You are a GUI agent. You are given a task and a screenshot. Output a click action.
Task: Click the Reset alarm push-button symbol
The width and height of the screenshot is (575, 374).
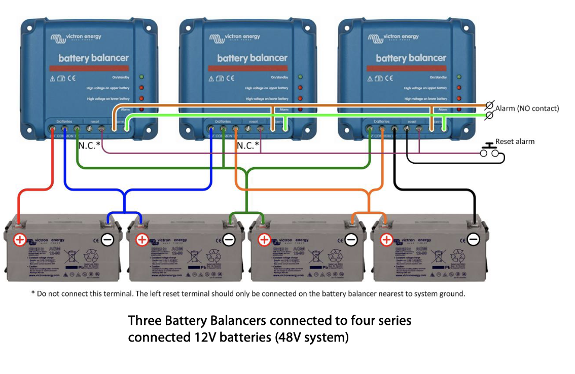pyautogui.click(x=490, y=150)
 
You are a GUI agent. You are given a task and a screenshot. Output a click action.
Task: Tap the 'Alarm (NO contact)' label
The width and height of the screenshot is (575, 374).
pyautogui.click(x=527, y=108)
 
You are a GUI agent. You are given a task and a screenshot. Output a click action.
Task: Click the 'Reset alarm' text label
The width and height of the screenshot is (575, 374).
pyautogui.click(x=515, y=141)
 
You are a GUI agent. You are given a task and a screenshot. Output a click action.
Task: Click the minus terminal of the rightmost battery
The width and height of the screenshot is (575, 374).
pyautogui.click(x=474, y=239)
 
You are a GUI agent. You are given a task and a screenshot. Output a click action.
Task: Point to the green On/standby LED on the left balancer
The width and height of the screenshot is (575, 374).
pyautogui.click(x=141, y=77)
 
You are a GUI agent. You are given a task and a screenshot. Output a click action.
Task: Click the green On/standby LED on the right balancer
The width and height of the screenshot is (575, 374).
pyautogui.click(x=459, y=77)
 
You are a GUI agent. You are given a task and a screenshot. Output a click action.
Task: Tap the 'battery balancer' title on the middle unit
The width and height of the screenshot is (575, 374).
pyautogui.click(x=252, y=58)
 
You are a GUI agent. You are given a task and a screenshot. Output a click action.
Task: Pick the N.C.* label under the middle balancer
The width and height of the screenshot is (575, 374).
pyautogui.click(x=248, y=146)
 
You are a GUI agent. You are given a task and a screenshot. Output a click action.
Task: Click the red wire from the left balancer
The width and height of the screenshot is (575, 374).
pyautogui.click(x=53, y=167)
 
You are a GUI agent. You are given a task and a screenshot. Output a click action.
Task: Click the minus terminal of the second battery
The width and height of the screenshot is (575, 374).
pyautogui.click(x=229, y=239)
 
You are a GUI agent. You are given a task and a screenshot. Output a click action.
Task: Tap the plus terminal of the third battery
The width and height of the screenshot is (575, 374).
pyautogui.click(x=264, y=239)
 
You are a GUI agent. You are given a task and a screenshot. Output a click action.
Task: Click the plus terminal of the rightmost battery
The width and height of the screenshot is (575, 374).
pyautogui.click(x=386, y=239)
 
